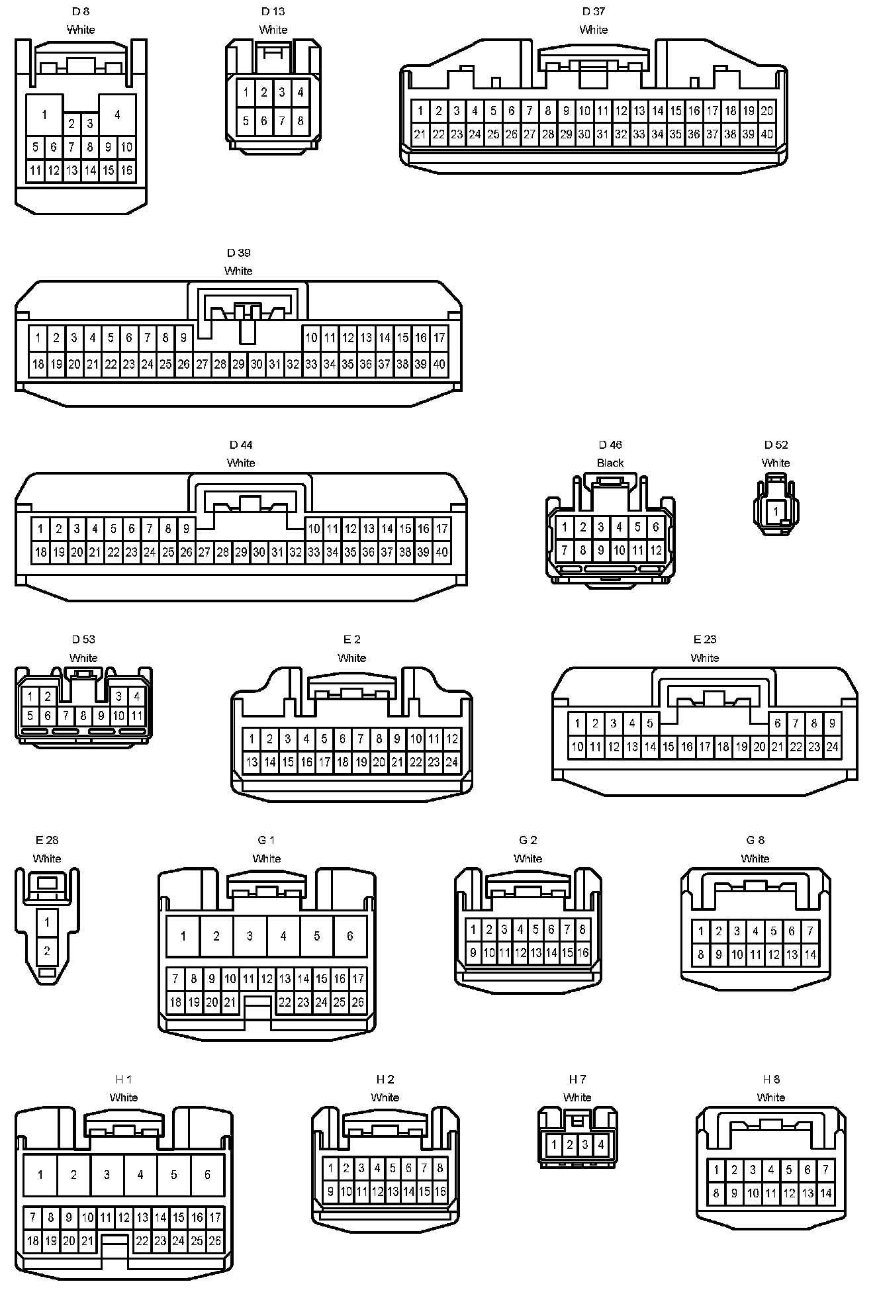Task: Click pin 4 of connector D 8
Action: click(x=117, y=115)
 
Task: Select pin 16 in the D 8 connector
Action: click(x=126, y=171)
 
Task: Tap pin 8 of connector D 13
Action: click(x=300, y=121)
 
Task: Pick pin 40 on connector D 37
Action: click(x=766, y=134)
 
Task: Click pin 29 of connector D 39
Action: click(x=238, y=364)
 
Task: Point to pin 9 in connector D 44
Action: click(x=187, y=529)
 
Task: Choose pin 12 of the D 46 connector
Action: click(x=655, y=550)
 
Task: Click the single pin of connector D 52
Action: click(x=776, y=512)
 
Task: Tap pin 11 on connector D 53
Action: click(x=136, y=715)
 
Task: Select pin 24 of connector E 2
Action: click(x=451, y=762)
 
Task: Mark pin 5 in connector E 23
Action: click(x=650, y=723)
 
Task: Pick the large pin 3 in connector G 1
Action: click(x=250, y=936)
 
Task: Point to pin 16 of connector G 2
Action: click(x=582, y=953)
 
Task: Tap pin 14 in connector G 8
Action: click(x=810, y=955)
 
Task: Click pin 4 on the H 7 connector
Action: click(x=600, y=1144)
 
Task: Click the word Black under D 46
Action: click(x=610, y=463)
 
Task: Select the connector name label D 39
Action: click(x=238, y=253)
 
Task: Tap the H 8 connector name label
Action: click(x=770, y=1080)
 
